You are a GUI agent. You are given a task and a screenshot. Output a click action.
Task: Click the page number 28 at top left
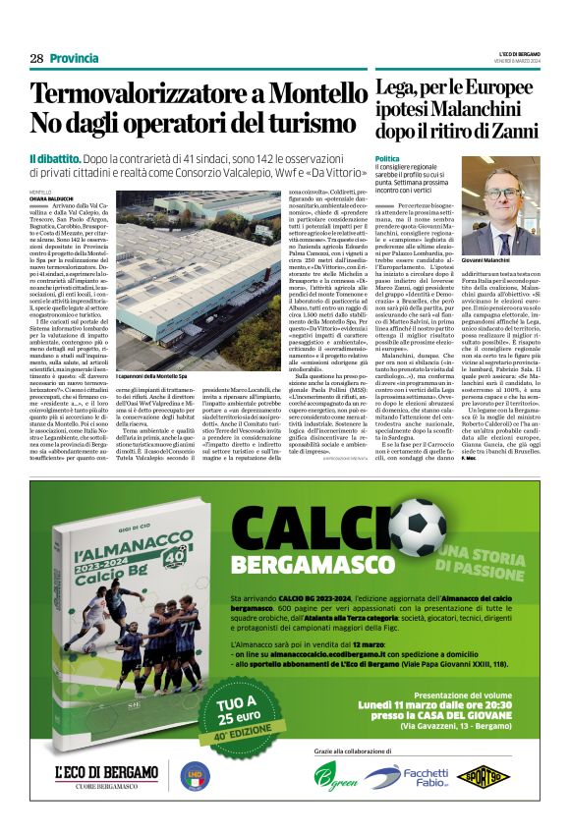coord(36,59)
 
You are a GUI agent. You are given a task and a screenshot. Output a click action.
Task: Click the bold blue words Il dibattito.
coord(60,157)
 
